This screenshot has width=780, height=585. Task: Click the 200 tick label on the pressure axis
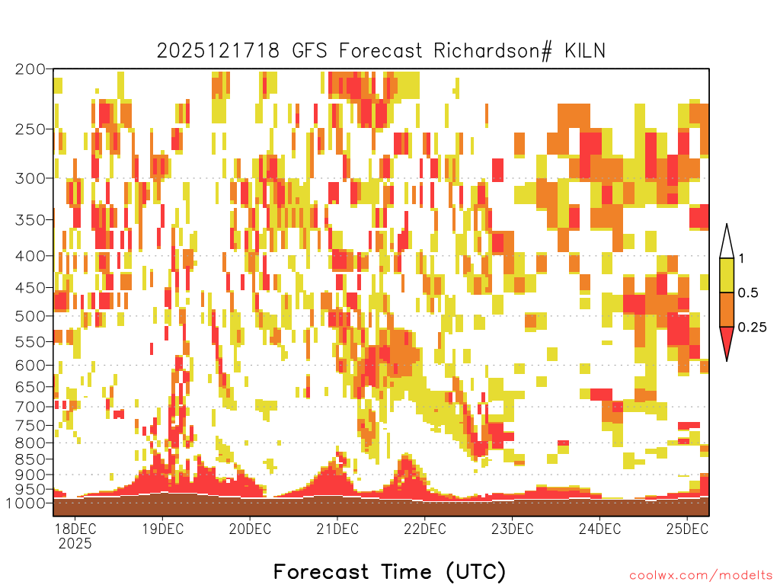click(x=30, y=69)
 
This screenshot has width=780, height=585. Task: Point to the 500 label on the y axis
click(x=30, y=316)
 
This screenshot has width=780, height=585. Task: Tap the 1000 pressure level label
click(x=26, y=503)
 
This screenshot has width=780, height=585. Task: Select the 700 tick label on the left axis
click(x=30, y=407)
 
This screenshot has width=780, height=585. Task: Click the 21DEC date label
click(x=337, y=529)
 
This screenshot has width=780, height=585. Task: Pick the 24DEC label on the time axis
click(x=600, y=529)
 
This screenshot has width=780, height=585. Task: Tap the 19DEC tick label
click(x=163, y=529)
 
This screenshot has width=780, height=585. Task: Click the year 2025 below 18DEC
click(x=75, y=544)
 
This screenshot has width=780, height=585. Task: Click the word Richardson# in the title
click(x=493, y=51)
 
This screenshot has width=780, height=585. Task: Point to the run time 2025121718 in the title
click(x=218, y=51)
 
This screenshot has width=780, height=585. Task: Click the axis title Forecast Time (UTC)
click(x=389, y=571)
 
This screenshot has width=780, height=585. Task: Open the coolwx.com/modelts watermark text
click(x=701, y=576)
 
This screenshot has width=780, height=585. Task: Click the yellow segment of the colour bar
click(x=727, y=275)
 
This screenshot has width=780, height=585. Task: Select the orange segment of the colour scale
click(x=727, y=309)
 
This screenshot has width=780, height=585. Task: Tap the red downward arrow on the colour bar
click(x=727, y=342)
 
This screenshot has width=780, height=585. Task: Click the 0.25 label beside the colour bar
click(x=752, y=328)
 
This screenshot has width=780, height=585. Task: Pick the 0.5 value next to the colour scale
click(x=748, y=293)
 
